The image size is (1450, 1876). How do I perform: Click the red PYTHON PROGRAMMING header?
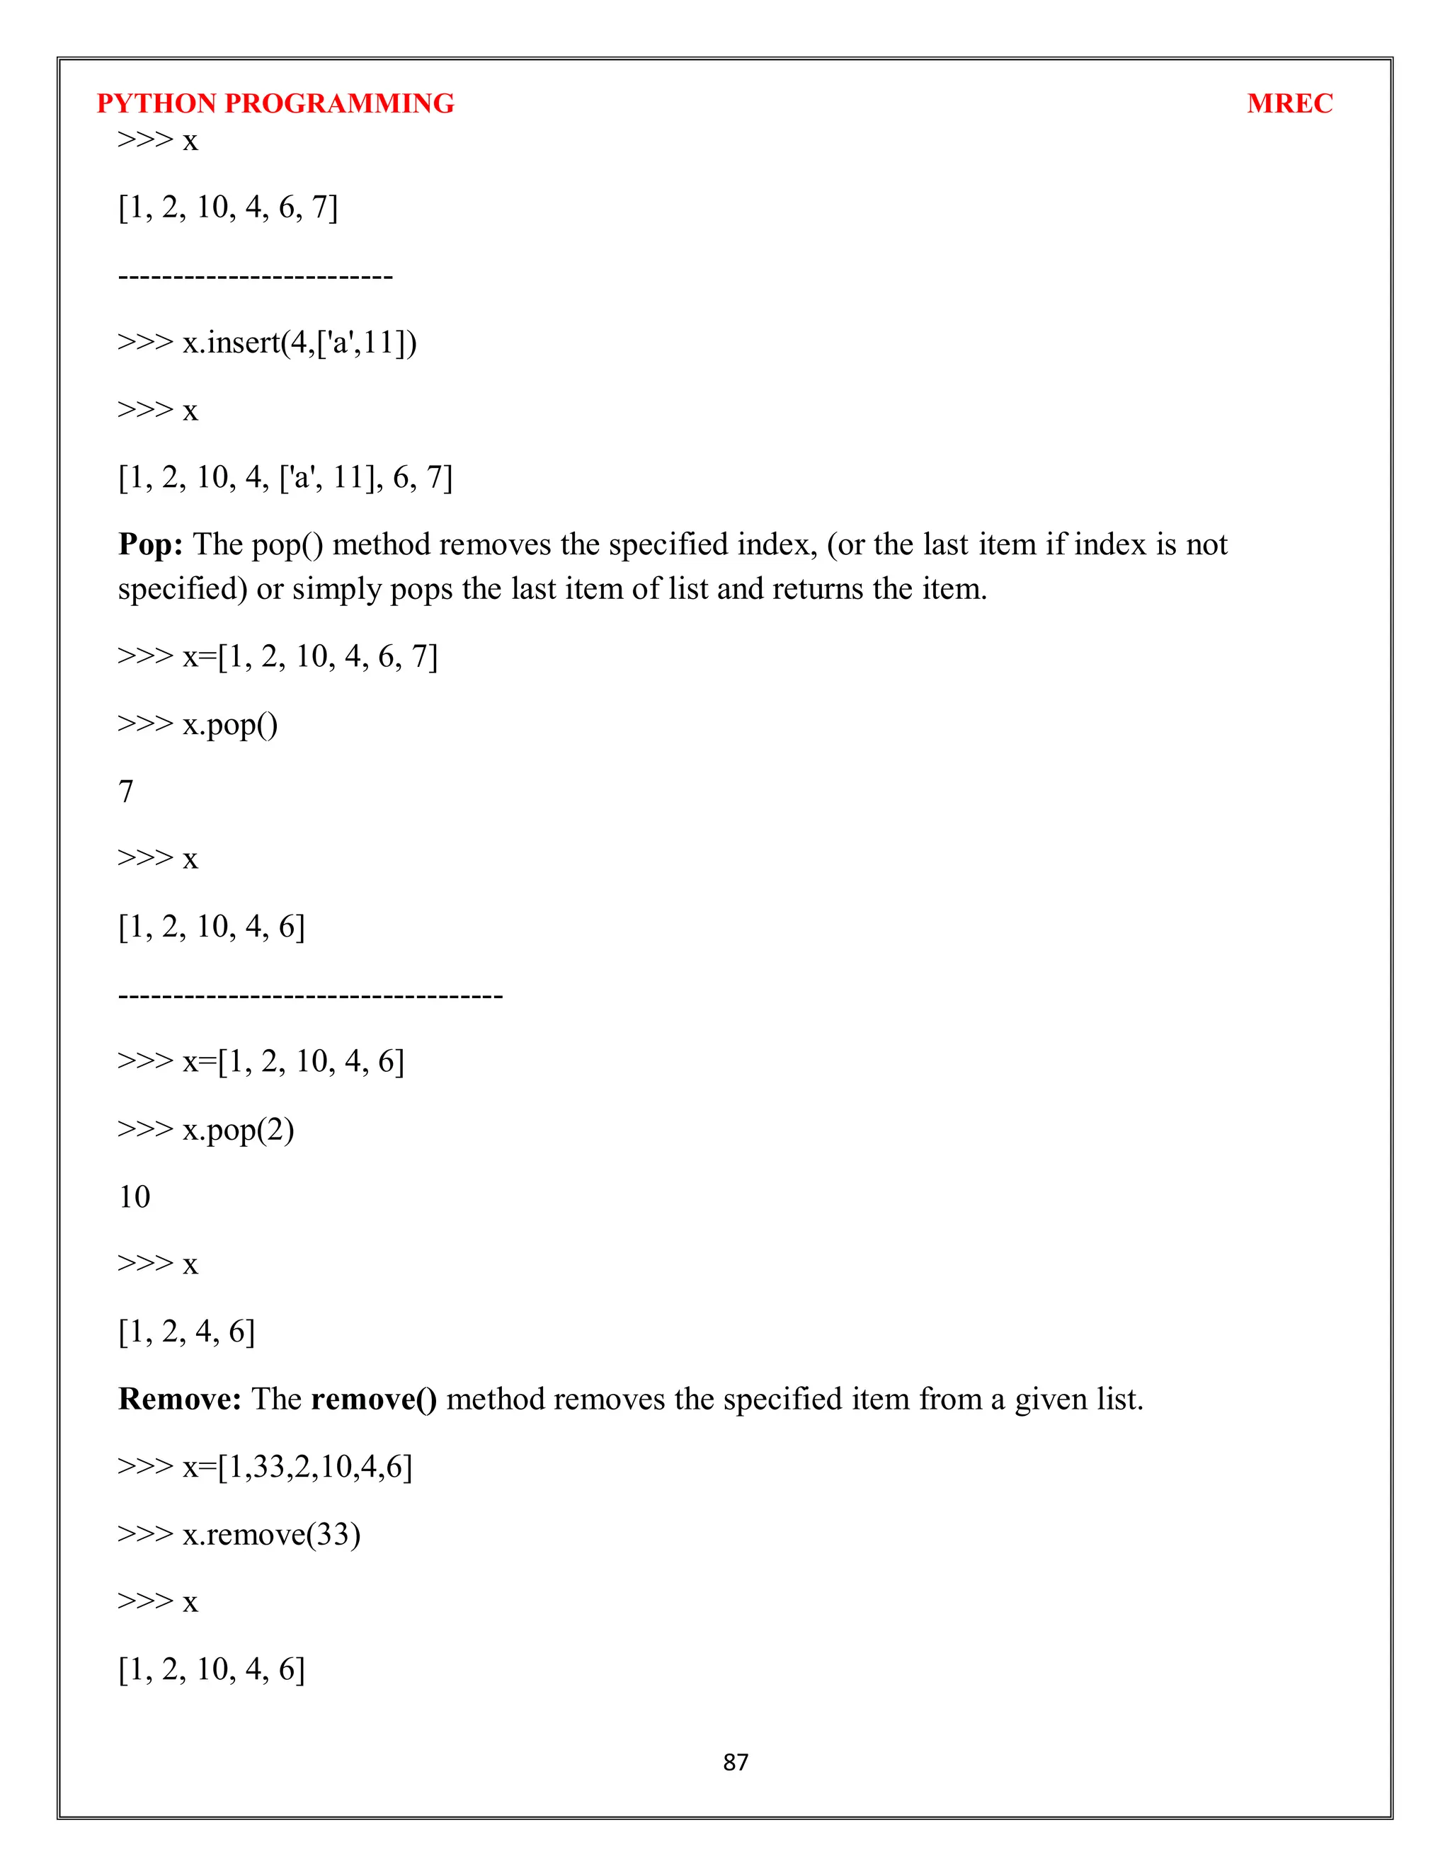click(x=275, y=103)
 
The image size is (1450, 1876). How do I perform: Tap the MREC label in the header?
click(x=1289, y=103)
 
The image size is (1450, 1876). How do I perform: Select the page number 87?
click(x=736, y=1763)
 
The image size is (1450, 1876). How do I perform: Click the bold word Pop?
click(x=150, y=544)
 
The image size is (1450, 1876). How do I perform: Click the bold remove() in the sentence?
click(x=374, y=1400)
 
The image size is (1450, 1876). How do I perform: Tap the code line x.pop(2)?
click(x=206, y=1130)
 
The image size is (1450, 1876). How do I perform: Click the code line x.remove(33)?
click(x=239, y=1534)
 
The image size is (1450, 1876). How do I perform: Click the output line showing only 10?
click(x=134, y=1196)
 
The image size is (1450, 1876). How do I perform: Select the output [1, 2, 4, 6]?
click(x=186, y=1332)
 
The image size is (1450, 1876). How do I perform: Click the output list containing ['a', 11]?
click(x=285, y=478)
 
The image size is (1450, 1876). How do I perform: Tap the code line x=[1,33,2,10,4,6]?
click(x=265, y=1466)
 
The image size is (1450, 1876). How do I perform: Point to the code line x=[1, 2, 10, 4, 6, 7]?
click(x=278, y=656)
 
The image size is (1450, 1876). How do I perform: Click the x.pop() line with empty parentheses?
click(x=198, y=724)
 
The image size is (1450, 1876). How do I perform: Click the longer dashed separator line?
click(x=310, y=995)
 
